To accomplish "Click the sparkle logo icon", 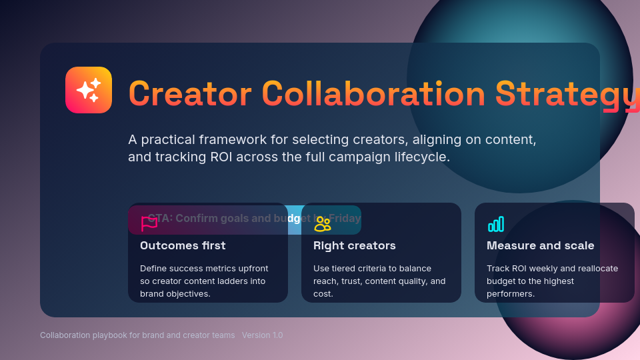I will [x=89, y=90].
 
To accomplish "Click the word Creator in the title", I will [x=190, y=93].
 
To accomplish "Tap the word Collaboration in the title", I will [x=373, y=93].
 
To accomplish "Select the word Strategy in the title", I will [x=567, y=93].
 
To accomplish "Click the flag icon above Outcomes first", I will [x=149, y=224].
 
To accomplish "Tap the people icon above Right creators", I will [x=323, y=224].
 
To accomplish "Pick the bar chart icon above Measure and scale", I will [x=496, y=224].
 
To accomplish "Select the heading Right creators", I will [x=354, y=245].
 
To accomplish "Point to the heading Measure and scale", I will [x=540, y=245].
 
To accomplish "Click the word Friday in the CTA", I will [x=344, y=218].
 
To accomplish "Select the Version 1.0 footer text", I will [x=262, y=335].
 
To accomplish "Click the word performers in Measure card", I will [x=510, y=294].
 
